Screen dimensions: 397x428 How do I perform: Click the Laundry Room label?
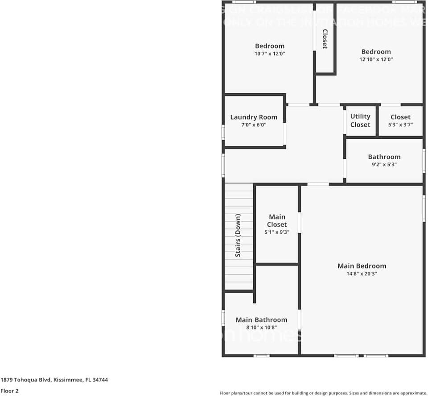click(254, 117)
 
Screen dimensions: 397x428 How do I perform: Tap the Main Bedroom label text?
click(362, 266)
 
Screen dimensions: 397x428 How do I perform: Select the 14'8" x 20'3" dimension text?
click(362, 274)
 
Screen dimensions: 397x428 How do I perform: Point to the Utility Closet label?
click(360, 120)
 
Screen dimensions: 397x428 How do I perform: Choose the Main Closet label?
click(277, 221)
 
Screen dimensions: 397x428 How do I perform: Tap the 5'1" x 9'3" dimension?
click(277, 232)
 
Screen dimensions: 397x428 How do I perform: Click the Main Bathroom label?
click(261, 320)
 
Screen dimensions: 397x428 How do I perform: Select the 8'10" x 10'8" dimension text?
click(261, 327)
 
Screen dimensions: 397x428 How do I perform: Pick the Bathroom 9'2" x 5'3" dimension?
click(384, 164)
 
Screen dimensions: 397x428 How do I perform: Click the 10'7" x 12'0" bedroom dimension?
click(270, 54)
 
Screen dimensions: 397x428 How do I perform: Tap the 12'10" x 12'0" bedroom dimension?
click(376, 59)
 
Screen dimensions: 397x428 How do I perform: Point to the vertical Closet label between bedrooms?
click(325, 39)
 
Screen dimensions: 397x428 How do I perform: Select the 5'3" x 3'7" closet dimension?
click(400, 125)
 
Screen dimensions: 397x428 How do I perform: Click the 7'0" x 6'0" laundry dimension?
click(254, 125)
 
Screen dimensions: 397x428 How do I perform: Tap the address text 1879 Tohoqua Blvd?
click(54, 380)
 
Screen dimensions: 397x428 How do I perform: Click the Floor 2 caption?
click(10, 391)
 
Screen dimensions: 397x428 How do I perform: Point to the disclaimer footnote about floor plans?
click(323, 393)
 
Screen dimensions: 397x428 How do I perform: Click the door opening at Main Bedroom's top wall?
click(318, 184)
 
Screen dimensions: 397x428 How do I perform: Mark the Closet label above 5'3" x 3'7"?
click(400, 117)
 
